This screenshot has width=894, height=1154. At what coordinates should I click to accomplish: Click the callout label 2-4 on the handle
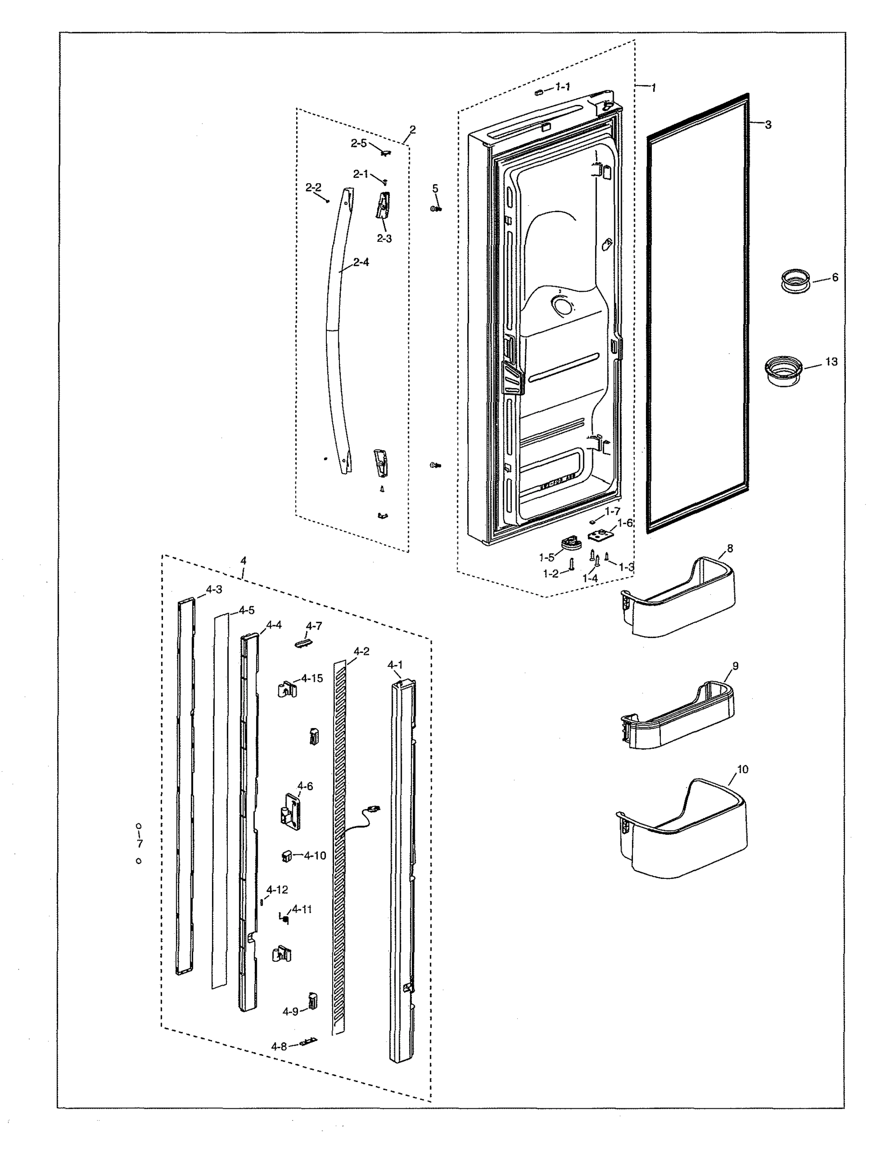point(360,262)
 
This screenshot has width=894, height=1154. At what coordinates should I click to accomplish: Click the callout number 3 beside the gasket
point(768,125)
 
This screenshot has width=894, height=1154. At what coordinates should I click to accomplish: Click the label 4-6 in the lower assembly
point(305,786)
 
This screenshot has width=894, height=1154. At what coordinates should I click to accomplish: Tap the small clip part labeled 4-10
point(287,855)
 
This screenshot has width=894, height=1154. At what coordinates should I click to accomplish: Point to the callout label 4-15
point(311,678)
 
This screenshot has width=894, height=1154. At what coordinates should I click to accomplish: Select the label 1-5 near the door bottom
point(546,557)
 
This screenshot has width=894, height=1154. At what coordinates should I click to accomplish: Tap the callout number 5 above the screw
point(435,188)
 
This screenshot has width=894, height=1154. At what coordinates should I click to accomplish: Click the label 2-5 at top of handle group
point(359,143)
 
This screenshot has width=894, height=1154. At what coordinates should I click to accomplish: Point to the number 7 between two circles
point(140,844)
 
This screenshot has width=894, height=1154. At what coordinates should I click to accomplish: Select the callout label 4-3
point(214,590)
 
